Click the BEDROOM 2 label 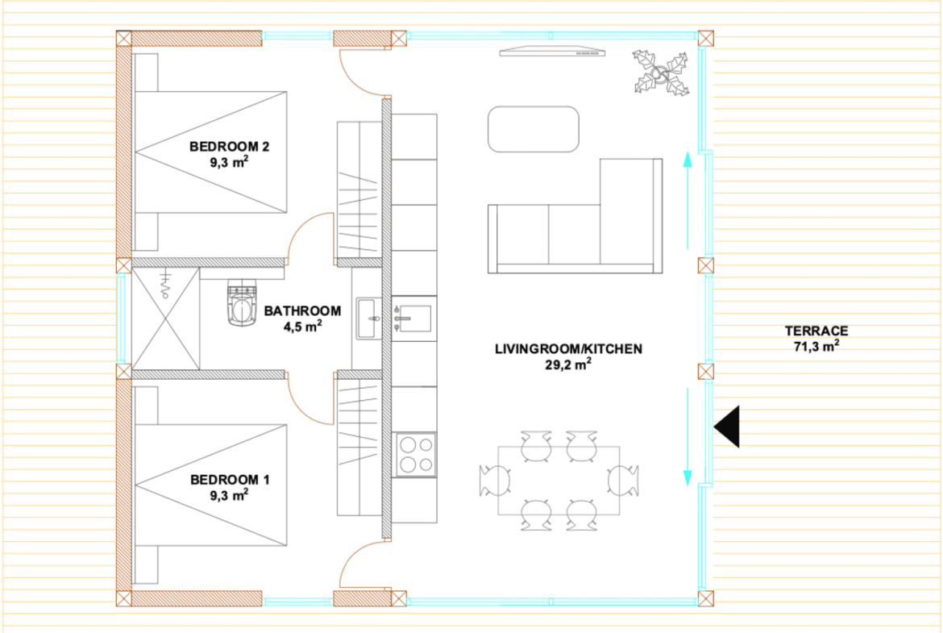coord(229,146)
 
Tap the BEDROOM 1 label coord(230,480)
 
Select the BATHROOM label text coord(302,311)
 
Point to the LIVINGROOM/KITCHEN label coord(568,349)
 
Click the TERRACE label coord(816,331)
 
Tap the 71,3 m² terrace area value coord(816,346)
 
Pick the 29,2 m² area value coord(567,364)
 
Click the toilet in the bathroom coord(242,303)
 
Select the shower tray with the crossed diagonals coord(165,319)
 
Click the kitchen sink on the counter coord(413,319)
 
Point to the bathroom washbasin coord(368,319)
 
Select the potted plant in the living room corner coord(660,73)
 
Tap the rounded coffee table coord(534,129)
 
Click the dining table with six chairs coord(559,481)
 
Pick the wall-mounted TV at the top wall coord(552,52)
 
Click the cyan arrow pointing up coord(688,200)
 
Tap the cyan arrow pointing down coord(688,437)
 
